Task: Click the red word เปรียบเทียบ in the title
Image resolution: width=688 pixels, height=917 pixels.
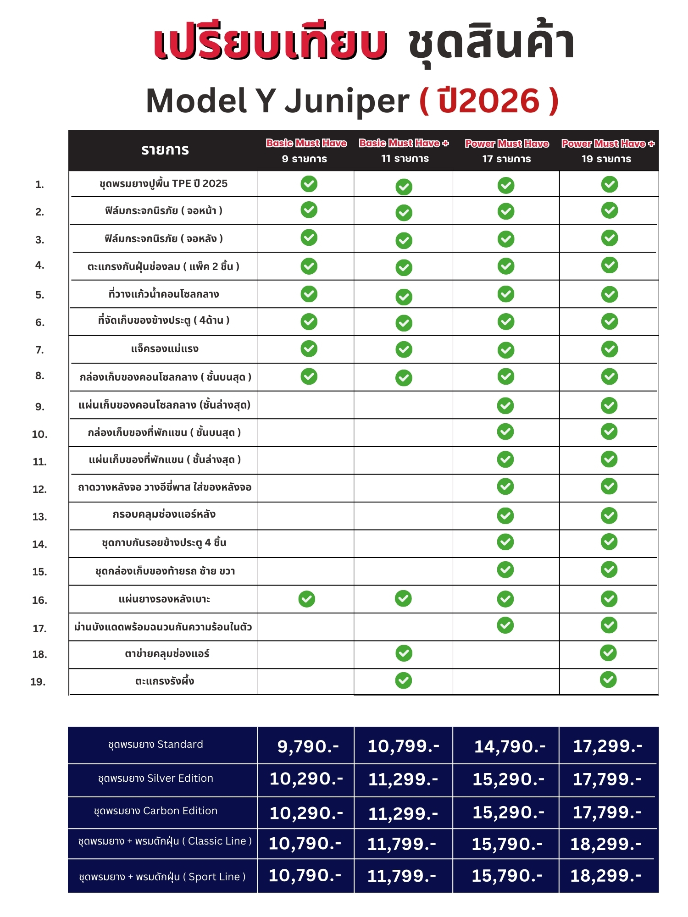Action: (x=271, y=44)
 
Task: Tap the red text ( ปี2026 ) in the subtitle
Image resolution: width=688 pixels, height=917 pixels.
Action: (x=489, y=101)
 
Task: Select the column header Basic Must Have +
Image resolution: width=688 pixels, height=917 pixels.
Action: (x=404, y=144)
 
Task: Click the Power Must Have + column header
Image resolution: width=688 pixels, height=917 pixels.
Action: (x=608, y=144)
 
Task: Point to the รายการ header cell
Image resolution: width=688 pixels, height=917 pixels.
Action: (x=165, y=150)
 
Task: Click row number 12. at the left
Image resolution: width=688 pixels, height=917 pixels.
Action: (x=40, y=489)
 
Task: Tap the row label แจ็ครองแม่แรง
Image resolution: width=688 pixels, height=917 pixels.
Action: (x=165, y=349)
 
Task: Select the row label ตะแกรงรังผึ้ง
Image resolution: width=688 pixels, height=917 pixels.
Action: (x=165, y=681)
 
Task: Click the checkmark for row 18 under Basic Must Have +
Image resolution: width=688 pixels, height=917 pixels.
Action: (x=404, y=653)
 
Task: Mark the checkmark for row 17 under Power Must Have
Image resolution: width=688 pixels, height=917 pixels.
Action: (x=505, y=625)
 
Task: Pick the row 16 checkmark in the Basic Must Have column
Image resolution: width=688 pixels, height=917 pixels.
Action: (x=307, y=599)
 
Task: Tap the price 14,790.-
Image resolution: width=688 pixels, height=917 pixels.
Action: (x=510, y=746)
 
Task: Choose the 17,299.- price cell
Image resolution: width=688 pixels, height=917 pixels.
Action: (x=608, y=746)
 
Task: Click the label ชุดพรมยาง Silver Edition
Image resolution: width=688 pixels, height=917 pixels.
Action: (x=155, y=778)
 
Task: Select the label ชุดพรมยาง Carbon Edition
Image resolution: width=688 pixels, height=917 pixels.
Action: (x=155, y=811)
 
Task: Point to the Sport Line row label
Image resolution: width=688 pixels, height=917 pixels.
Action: (x=162, y=877)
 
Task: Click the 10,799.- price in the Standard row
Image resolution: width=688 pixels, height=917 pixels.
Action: (x=404, y=746)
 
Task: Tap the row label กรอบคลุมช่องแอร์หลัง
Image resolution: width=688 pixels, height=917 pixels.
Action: (x=164, y=514)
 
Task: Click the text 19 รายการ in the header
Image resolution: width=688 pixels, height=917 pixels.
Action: (x=606, y=159)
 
